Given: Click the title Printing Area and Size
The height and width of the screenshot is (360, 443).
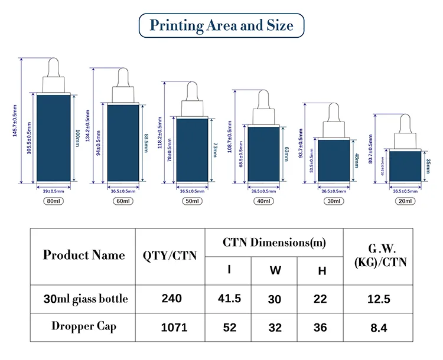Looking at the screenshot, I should tap(221, 26).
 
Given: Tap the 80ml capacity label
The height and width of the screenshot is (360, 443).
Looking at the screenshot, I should tap(53, 201).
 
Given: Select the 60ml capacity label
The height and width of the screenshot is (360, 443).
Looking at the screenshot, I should tap(123, 201).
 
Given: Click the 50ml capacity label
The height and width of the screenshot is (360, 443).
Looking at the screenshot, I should tap(193, 201).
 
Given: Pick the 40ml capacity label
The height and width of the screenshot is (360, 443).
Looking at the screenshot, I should tap(263, 201).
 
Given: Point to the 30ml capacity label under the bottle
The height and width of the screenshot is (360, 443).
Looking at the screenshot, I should tap(334, 201).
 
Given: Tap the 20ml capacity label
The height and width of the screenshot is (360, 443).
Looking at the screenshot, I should tap(405, 201).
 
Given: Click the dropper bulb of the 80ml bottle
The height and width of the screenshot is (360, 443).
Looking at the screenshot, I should tap(53, 66).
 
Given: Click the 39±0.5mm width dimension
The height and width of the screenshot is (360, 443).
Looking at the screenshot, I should tap(53, 191).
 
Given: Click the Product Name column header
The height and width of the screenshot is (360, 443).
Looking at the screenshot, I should tap(84, 255).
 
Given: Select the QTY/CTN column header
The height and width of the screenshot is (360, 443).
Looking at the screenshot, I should tap(171, 255).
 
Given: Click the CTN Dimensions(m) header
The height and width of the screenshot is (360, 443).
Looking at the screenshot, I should tap(275, 242).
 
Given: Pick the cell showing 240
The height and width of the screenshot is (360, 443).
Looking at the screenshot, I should tap(171, 299).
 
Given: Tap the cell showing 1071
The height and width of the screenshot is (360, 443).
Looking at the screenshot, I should tap(171, 326).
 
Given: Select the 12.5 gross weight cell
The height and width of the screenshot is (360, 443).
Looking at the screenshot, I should tap(379, 299).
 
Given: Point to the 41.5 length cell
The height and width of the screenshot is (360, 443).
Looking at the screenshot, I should tap(229, 299).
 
